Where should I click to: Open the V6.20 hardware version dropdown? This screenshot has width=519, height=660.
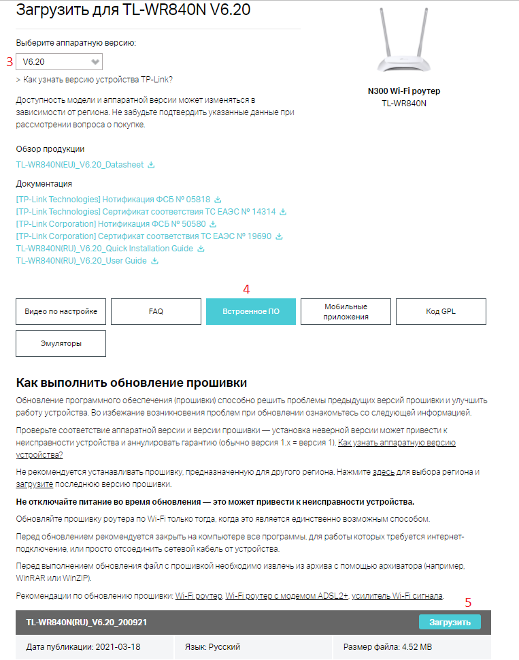point(59,61)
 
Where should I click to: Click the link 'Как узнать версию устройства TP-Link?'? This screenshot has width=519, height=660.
point(98,80)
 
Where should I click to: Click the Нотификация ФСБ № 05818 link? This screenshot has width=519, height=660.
point(114,200)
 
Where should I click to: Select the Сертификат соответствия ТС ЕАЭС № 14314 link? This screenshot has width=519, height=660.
point(146,212)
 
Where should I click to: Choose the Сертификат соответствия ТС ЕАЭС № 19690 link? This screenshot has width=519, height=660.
point(144,236)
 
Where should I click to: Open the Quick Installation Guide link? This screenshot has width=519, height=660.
point(105,249)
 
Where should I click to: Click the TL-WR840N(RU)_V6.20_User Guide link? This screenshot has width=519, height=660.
point(82,261)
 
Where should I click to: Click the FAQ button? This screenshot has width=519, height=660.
point(156,311)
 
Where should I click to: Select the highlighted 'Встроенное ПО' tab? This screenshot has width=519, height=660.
point(251,311)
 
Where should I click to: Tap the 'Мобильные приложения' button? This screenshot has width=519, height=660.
point(346,311)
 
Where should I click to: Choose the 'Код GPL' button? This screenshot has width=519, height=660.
point(441,311)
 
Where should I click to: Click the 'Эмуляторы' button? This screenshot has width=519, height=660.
point(61,343)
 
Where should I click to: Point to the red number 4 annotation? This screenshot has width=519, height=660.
point(246,289)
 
